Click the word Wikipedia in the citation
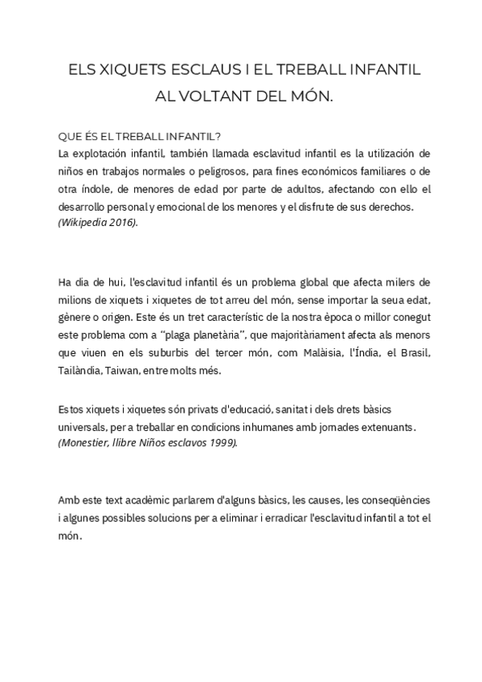click(x=86, y=222)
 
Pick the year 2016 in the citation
click(x=122, y=222)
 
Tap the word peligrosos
click(x=203, y=170)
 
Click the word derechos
click(x=388, y=207)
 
